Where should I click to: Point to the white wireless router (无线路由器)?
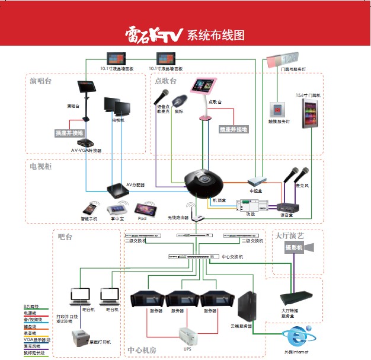(191, 212)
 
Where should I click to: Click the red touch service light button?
(277, 109)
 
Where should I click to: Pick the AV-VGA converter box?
(87, 144)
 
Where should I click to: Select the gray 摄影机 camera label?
(293, 249)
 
